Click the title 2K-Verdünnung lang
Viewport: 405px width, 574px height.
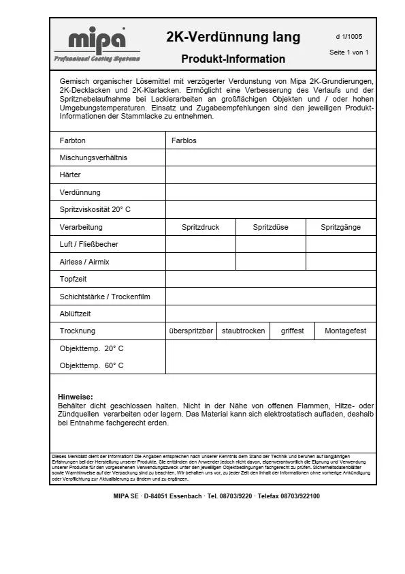coord(233,37)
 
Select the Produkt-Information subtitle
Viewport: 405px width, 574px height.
coord(233,59)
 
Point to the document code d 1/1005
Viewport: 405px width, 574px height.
coord(349,37)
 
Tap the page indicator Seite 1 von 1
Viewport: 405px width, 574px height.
coord(349,52)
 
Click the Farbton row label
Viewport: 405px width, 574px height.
coord(73,140)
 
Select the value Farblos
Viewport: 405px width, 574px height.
coord(184,140)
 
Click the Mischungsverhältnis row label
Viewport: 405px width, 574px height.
coord(93,157)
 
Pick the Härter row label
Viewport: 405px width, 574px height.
coord(70,175)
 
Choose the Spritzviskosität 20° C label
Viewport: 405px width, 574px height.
coord(95,209)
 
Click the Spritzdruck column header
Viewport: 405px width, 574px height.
coord(201,227)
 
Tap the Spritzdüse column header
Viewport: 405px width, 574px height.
coord(271,227)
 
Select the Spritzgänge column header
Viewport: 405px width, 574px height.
coord(341,227)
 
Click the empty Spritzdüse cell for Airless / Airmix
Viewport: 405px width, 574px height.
coord(271,262)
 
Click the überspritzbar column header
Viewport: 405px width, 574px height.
coord(191,331)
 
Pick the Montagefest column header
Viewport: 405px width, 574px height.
coord(345,331)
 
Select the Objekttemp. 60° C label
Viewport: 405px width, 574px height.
coord(92,365)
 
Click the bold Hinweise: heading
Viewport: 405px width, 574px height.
coord(76,397)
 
